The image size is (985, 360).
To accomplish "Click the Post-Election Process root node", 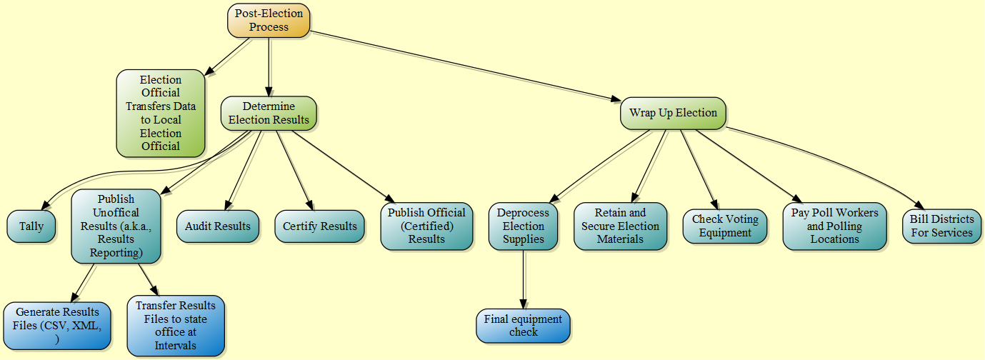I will (269, 21).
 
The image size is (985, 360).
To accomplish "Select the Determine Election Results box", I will (269, 114).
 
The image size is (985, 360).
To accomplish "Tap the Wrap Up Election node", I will (673, 113).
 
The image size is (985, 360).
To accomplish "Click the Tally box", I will (31, 226).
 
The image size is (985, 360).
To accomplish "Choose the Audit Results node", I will (217, 226).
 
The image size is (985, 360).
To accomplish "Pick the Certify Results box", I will (319, 226).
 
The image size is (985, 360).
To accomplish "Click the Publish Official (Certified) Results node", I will (426, 226).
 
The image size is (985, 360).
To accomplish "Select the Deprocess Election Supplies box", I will (524, 226).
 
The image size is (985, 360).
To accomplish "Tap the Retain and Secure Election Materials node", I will (620, 226).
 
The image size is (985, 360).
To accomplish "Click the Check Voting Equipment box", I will (725, 226).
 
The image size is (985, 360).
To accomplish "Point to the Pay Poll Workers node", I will (834, 226).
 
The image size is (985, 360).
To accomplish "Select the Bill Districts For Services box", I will (941, 226).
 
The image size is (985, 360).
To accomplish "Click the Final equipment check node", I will (523, 326).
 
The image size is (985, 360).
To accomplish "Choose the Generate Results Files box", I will (57, 326).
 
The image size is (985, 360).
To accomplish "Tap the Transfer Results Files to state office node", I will (176, 326).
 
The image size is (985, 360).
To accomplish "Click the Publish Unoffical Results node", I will (116, 226).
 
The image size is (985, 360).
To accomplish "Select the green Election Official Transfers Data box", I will (161, 113).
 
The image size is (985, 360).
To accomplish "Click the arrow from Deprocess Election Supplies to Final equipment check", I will (524, 279).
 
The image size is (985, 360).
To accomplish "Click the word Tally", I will (31, 226).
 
